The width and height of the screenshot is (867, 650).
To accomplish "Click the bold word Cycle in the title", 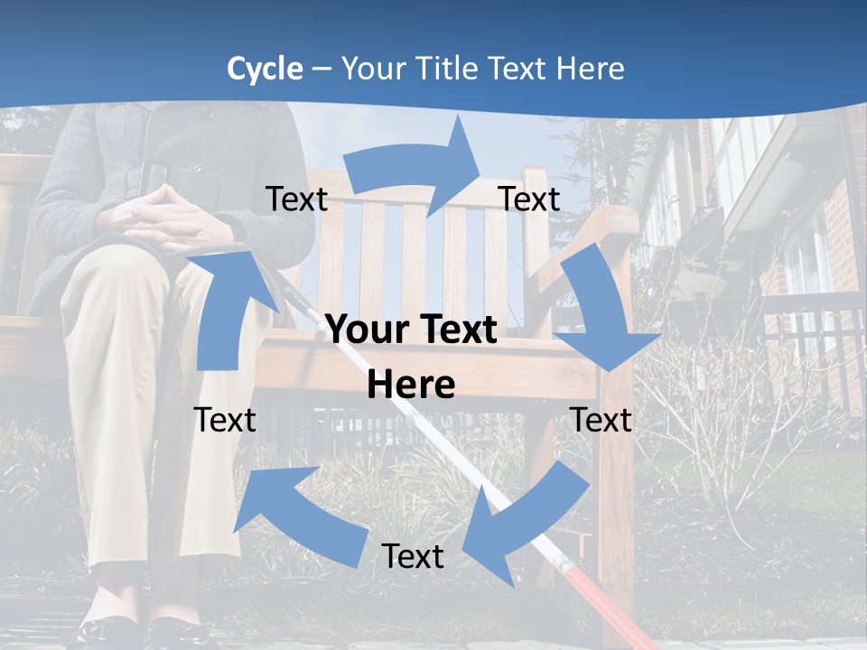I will coord(265,69).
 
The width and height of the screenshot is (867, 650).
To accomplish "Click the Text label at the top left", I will coord(296,200).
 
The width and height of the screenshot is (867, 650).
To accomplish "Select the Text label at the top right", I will coord(529,200).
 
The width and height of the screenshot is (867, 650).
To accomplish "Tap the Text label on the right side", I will coord(601,420).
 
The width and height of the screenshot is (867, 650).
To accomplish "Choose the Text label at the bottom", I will coord(413,556).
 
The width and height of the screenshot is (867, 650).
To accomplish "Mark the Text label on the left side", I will coord(225,420).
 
